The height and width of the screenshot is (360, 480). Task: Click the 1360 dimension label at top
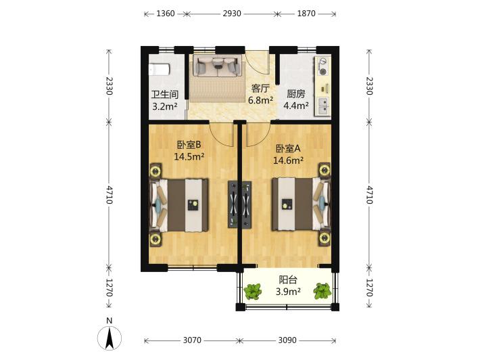tap(166, 14)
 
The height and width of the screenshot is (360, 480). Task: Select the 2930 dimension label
tap(232, 14)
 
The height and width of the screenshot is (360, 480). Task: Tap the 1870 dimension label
tap(306, 14)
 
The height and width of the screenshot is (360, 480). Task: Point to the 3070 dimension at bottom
tap(192, 340)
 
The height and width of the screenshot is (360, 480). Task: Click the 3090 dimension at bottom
tap(287, 340)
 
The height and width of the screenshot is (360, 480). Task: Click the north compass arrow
tap(110, 338)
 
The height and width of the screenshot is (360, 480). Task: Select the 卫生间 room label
tap(165, 94)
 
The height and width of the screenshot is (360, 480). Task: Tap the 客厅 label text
tap(260, 88)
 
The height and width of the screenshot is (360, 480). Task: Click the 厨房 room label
tap(295, 94)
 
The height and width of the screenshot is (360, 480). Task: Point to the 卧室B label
tap(189, 144)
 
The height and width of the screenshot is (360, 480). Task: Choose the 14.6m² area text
tap(288, 160)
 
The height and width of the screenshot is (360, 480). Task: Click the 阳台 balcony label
tap(288, 279)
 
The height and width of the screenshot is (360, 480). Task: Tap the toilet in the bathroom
tap(159, 70)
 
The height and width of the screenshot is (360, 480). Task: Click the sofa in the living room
tap(217, 66)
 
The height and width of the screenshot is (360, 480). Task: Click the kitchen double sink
tap(323, 106)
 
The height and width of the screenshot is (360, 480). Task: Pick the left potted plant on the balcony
tap(253, 292)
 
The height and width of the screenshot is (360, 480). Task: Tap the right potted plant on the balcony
tap(322, 291)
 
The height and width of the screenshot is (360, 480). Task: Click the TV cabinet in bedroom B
tap(233, 204)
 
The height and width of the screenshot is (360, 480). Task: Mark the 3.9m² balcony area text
tap(288, 292)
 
